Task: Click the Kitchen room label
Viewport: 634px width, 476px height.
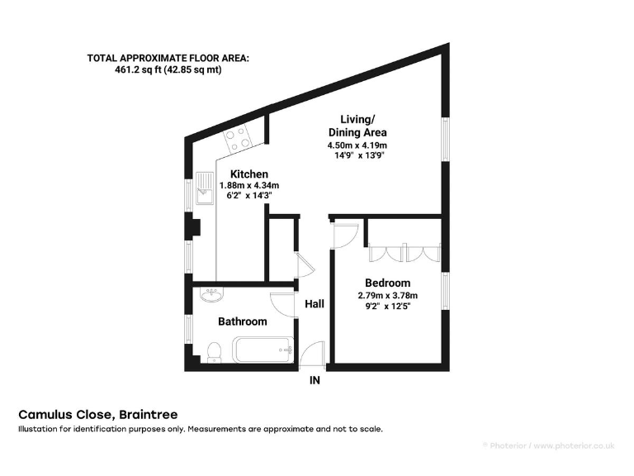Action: click(x=248, y=174)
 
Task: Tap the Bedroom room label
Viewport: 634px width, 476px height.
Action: click(x=388, y=283)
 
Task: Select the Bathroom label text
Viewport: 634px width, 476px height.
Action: click(x=242, y=321)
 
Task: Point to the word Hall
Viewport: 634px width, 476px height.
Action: click(x=315, y=304)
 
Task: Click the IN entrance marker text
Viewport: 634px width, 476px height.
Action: click(x=315, y=381)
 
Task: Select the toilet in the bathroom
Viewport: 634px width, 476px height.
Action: click(x=214, y=351)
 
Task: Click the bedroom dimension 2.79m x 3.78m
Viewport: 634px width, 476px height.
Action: click(x=388, y=295)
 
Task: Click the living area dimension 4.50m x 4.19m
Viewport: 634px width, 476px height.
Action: click(x=357, y=145)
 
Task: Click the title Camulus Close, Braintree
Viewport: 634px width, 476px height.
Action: click(x=98, y=414)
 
